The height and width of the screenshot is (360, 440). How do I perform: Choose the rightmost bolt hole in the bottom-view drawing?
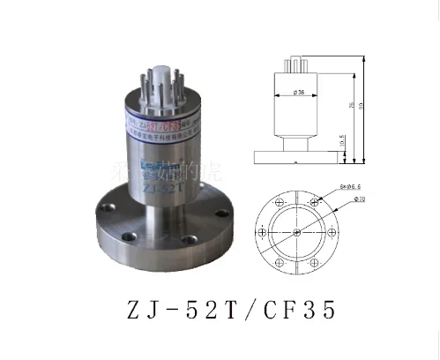point(337,233)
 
